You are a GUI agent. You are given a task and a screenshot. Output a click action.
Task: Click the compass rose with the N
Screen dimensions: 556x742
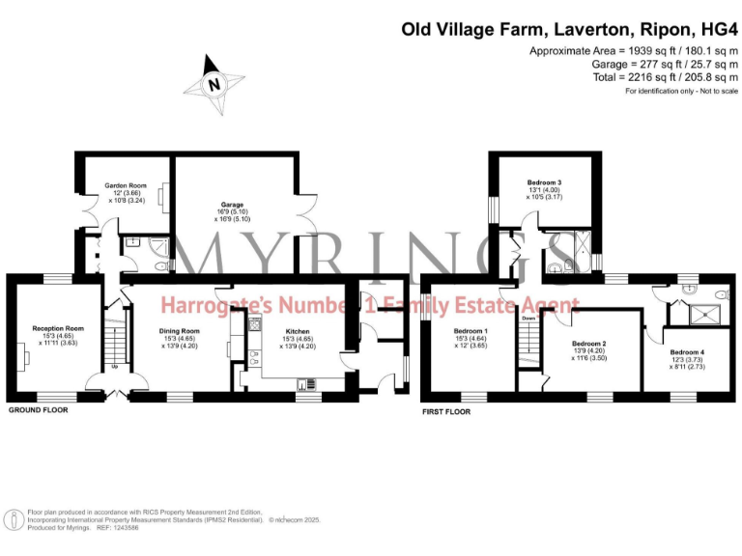click(215, 83)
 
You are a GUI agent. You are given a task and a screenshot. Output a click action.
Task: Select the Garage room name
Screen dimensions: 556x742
click(231, 205)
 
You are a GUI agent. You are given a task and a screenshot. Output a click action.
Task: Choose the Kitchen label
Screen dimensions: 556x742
click(297, 331)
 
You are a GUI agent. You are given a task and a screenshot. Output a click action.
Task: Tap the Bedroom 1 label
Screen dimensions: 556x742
click(471, 331)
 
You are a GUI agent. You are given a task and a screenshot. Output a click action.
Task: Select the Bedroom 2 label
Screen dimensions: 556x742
click(588, 344)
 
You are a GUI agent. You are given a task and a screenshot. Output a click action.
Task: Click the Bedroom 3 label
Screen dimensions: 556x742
click(544, 182)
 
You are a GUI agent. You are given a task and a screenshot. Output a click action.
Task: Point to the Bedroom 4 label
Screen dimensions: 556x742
click(687, 352)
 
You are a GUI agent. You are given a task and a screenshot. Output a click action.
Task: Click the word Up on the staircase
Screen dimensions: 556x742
click(116, 367)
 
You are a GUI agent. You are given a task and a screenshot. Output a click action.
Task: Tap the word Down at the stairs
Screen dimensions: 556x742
click(528, 318)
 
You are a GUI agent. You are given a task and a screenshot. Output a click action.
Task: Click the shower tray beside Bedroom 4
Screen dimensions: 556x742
click(703, 312)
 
